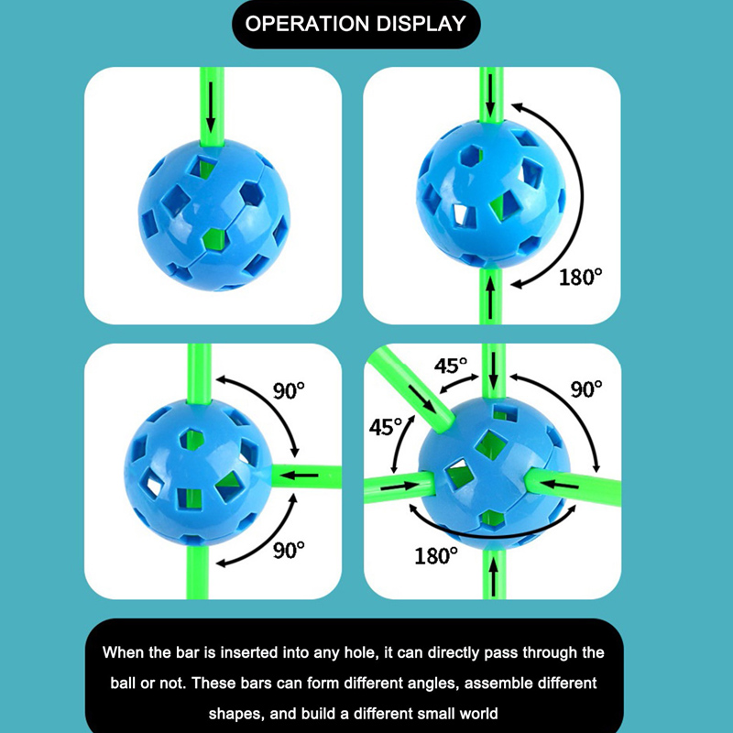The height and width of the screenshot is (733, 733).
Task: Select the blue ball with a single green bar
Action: point(214,214)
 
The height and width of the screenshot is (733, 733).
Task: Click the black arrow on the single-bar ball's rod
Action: point(211,107)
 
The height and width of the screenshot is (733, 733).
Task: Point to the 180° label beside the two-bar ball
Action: point(581,278)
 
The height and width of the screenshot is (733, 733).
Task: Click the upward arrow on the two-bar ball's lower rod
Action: point(490,297)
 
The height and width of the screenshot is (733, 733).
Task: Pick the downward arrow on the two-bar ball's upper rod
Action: point(490,95)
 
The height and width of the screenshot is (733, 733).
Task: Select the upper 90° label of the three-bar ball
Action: point(289,391)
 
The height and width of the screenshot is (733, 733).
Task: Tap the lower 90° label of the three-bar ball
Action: point(289,550)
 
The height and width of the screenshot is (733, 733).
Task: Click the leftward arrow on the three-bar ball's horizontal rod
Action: point(301,476)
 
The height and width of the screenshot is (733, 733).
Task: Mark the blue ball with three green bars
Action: point(198,472)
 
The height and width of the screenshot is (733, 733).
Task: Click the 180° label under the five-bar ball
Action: point(436,556)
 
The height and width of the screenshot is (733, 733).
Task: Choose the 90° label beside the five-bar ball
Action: point(586,388)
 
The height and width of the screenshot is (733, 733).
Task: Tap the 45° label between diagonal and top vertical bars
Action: point(451,366)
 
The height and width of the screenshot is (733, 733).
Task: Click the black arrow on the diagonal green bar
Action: point(422,399)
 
